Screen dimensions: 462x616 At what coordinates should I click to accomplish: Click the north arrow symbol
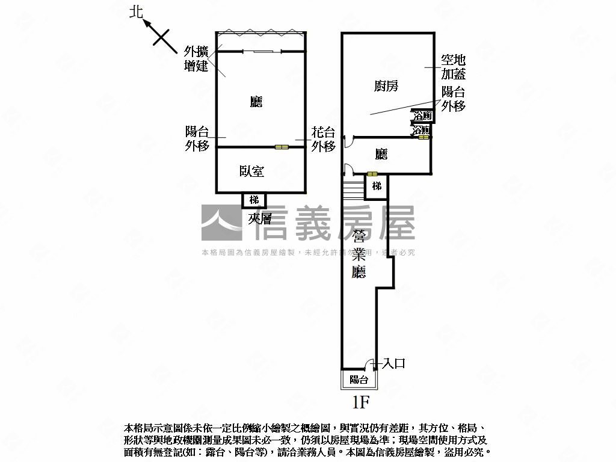click(157, 33)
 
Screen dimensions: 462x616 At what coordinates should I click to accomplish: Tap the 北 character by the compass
click(137, 13)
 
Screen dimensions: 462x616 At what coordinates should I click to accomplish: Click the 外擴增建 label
click(196, 58)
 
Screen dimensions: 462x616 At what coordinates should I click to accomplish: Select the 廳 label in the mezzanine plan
click(256, 102)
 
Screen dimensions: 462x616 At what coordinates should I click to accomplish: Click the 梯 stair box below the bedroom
click(254, 200)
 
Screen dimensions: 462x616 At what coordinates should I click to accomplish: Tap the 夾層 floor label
click(260, 219)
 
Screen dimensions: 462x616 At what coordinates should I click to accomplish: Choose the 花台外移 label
click(323, 140)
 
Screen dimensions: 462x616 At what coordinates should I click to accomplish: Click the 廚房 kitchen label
click(386, 86)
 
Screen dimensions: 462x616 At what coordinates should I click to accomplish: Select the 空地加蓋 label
click(453, 67)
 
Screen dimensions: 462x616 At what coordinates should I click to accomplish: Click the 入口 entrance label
click(394, 363)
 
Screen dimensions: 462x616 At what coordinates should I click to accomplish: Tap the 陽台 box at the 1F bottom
click(359, 380)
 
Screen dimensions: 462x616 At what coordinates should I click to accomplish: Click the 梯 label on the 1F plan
click(377, 186)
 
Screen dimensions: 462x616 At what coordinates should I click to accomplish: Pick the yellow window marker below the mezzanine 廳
click(282, 147)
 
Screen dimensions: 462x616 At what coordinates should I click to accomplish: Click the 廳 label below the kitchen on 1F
click(381, 155)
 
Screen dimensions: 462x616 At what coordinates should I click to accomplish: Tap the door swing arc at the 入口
click(369, 363)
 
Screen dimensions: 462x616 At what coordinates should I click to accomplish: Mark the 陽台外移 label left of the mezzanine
click(197, 138)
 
